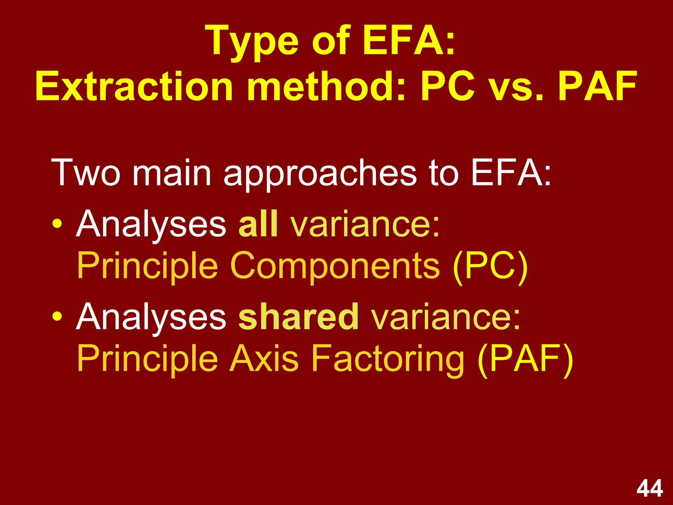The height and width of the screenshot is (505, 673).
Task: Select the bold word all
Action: tap(258, 224)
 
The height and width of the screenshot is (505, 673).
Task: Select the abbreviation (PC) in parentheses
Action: tap(490, 266)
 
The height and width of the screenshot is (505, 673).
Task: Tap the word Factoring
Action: tap(387, 359)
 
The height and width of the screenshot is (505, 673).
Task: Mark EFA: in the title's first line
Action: tap(409, 42)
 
